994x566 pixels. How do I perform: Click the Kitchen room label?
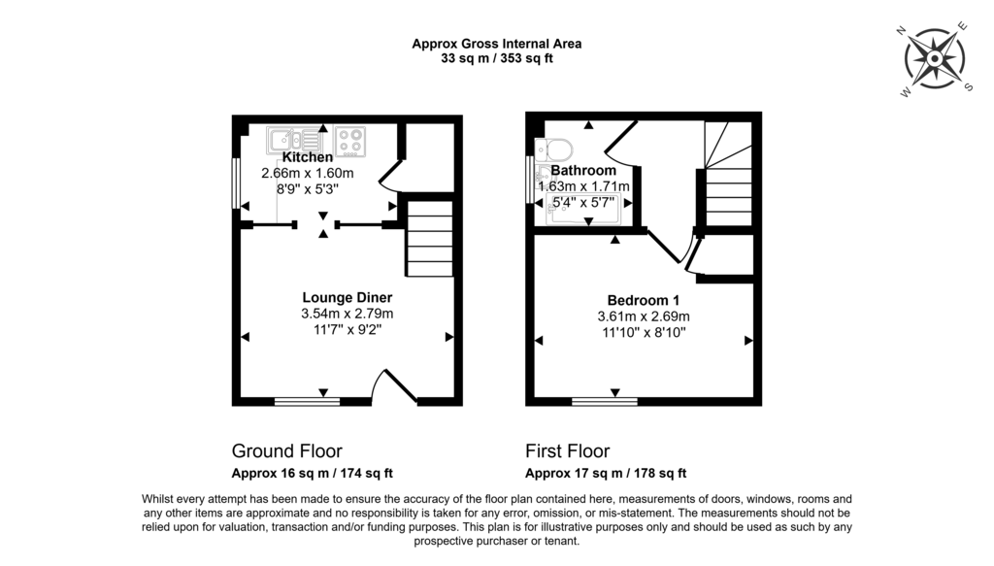coord(308,157)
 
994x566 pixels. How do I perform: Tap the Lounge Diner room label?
coord(347,297)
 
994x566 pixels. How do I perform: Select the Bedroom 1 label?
coord(643,300)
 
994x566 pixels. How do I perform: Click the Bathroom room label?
coord(583,171)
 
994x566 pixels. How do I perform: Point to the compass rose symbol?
coord(934,59)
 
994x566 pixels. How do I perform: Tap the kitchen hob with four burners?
coord(351,141)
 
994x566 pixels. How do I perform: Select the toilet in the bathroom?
coord(559,150)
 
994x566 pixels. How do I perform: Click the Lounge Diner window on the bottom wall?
coord(307,400)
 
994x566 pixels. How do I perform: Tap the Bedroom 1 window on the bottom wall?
coord(604,400)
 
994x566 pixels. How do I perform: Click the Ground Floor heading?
coord(286,451)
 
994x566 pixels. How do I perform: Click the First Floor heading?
coord(567,451)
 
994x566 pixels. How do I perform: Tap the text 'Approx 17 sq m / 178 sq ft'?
coord(606,474)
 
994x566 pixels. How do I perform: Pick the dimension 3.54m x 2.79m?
coord(347,314)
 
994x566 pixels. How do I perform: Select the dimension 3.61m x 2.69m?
coord(643,316)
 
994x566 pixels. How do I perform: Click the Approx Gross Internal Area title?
coord(496,43)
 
